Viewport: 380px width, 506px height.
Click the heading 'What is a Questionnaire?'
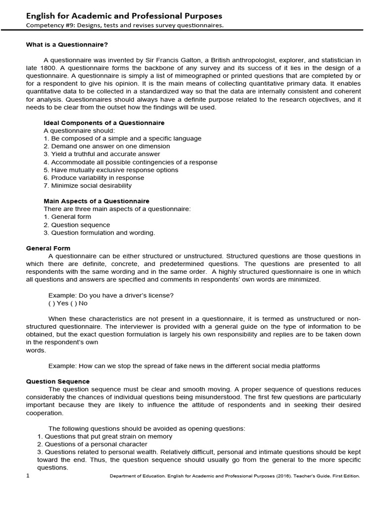[67, 44]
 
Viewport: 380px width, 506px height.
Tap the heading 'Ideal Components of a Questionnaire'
[104, 123]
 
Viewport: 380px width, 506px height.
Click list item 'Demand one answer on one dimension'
[106, 146]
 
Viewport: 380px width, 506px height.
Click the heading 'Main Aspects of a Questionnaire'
[96, 201]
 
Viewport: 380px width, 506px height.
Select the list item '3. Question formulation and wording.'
[99, 233]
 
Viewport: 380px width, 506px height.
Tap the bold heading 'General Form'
[48, 248]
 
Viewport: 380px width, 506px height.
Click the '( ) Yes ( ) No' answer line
[68, 303]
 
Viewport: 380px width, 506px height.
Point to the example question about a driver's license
[111, 295]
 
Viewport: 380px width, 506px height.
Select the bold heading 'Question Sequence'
[58, 381]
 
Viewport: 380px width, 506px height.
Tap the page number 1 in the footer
[28, 475]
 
